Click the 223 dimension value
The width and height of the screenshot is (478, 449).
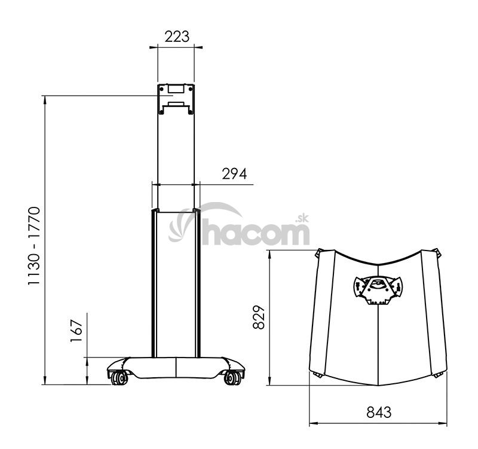(177, 36)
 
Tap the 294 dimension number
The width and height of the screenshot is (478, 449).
(234, 174)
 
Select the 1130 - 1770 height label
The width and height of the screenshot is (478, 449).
(34, 246)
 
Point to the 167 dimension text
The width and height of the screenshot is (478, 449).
(76, 331)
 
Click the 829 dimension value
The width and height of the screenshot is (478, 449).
(259, 317)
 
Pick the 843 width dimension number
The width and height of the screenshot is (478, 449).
(379, 413)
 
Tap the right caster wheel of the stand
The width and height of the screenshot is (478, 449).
(233, 378)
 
